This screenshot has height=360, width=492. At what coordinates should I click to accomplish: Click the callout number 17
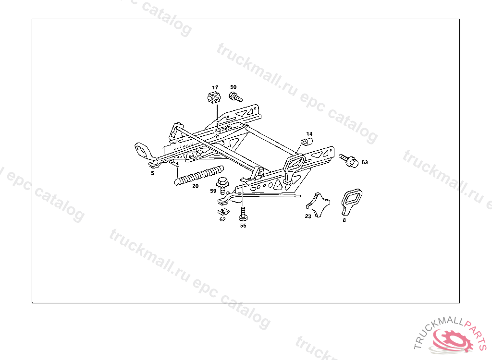[215, 87]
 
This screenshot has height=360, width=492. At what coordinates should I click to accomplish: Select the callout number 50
[234, 87]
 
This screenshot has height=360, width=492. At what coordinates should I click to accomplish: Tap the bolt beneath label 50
[235, 98]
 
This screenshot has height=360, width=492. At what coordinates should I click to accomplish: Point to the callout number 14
[309, 133]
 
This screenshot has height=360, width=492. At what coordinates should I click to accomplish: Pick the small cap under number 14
[307, 141]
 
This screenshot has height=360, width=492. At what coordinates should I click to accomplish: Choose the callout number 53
[365, 162]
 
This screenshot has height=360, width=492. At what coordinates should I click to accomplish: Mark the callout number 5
[152, 173]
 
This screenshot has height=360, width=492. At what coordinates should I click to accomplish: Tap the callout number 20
[195, 186]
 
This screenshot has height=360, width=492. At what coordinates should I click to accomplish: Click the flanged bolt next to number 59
[222, 183]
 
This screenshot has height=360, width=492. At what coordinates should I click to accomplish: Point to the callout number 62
[222, 219]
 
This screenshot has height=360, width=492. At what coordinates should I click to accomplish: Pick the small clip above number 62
[222, 211]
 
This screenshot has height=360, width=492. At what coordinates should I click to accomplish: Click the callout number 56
[243, 226]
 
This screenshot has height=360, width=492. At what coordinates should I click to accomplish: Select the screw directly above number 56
[243, 214]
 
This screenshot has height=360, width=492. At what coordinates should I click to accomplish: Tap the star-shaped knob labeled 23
[318, 203]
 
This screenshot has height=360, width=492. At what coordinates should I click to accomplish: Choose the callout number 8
[344, 221]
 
